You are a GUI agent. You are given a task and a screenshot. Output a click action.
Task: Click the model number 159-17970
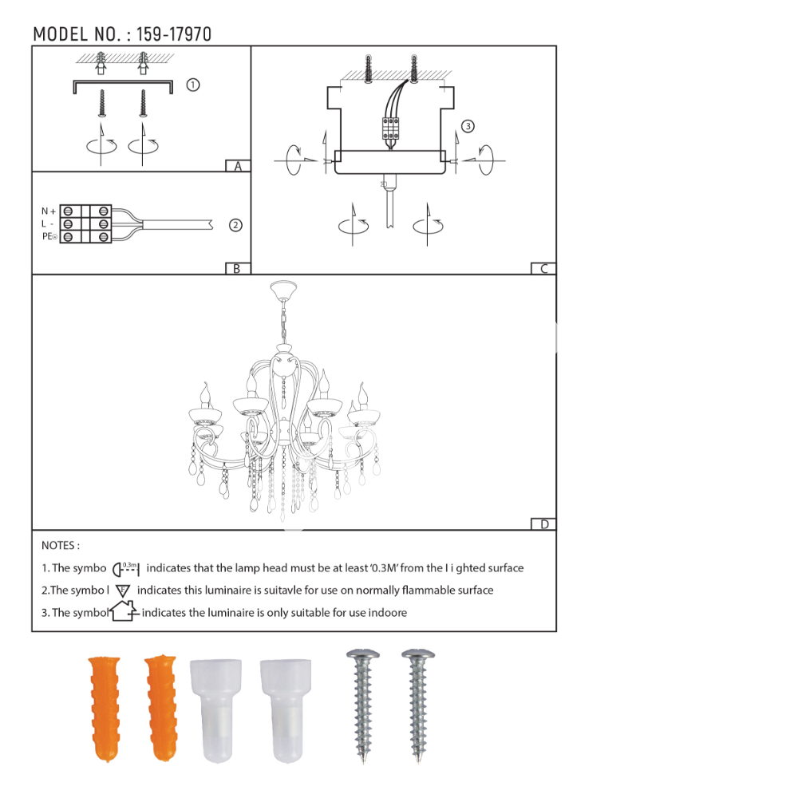173,34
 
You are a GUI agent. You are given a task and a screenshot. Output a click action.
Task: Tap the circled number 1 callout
193,85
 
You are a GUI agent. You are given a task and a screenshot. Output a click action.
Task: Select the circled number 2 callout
235,225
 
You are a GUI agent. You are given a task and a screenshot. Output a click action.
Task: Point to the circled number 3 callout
468,126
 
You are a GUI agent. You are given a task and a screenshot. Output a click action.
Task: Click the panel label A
238,166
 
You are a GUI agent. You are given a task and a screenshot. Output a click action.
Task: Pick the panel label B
237,269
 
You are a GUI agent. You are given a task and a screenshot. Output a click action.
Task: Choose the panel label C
544,269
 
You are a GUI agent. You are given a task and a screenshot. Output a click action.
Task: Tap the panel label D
544,524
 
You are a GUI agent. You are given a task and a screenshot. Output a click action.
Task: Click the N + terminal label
49,211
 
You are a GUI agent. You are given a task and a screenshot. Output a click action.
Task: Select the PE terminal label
49,236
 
